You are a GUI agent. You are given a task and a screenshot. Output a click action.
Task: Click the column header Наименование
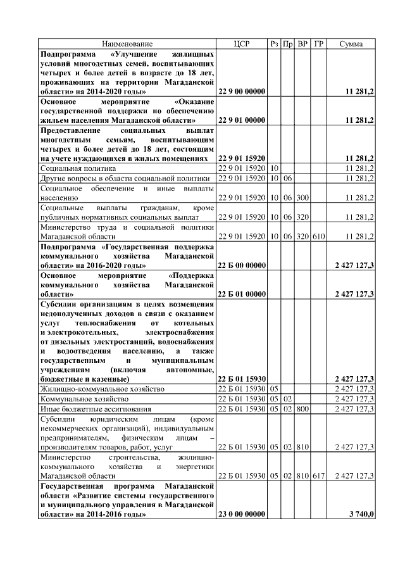tap(127, 44)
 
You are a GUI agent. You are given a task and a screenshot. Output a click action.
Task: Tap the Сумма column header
tap(351, 44)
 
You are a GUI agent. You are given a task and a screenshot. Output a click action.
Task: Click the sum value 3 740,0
tap(361, 515)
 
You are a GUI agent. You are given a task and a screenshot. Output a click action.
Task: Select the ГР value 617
tap(318, 475)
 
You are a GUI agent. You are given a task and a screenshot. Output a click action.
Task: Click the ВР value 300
tap(302, 198)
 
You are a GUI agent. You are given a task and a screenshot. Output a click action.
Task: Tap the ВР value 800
tap(302, 409)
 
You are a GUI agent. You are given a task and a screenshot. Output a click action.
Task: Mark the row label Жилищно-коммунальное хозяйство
tap(102, 389)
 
